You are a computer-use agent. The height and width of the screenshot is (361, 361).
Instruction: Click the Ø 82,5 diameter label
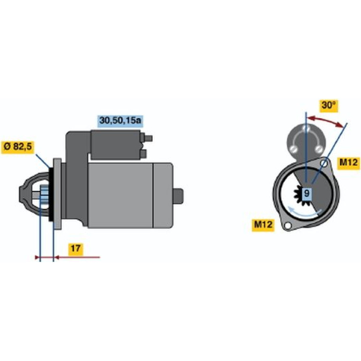point(18,147)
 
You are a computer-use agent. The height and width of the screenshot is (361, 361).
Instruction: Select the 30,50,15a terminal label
point(120,120)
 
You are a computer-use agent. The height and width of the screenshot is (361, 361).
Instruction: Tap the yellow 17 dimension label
point(76,248)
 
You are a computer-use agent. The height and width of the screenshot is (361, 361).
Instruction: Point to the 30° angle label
point(329,105)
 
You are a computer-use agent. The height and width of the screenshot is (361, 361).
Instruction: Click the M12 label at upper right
point(348,163)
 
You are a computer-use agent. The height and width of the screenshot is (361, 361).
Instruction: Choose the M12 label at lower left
point(263,224)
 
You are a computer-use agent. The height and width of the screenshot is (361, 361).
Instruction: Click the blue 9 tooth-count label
point(307,193)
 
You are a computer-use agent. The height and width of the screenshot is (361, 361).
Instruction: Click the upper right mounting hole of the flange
point(324,164)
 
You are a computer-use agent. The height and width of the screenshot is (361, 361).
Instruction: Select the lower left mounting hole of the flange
point(287,226)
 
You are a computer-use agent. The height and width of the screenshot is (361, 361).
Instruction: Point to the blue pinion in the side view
point(45,195)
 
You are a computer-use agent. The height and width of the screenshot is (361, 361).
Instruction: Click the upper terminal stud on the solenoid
point(148,138)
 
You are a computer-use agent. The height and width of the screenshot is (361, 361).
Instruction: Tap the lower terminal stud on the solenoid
point(143,154)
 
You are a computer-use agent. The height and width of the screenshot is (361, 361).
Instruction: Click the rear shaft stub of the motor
point(178,196)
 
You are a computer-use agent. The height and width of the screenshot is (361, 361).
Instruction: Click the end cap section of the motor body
point(163,196)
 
